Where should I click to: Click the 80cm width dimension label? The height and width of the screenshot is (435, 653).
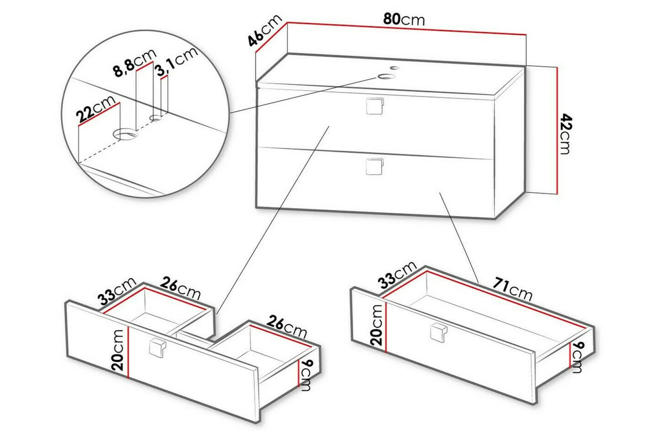[x=404, y=20]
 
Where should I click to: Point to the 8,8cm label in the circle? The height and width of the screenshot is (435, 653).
[x=135, y=63]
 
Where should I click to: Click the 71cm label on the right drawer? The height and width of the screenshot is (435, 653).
[x=512, y=289]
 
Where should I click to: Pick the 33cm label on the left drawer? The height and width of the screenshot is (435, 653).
[x=117, y=291]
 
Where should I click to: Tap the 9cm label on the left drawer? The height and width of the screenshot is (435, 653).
[x=305, y=375]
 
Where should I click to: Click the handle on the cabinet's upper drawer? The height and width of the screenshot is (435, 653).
[x=375, y=106]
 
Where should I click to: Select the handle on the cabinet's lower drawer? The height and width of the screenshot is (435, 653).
[x=374, y=166]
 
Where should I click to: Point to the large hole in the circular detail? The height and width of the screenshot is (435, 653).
[x=125, y=134]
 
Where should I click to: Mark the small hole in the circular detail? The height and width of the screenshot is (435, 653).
[x=156, y=118]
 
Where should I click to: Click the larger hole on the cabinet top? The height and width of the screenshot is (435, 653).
[x=386, y=76]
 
